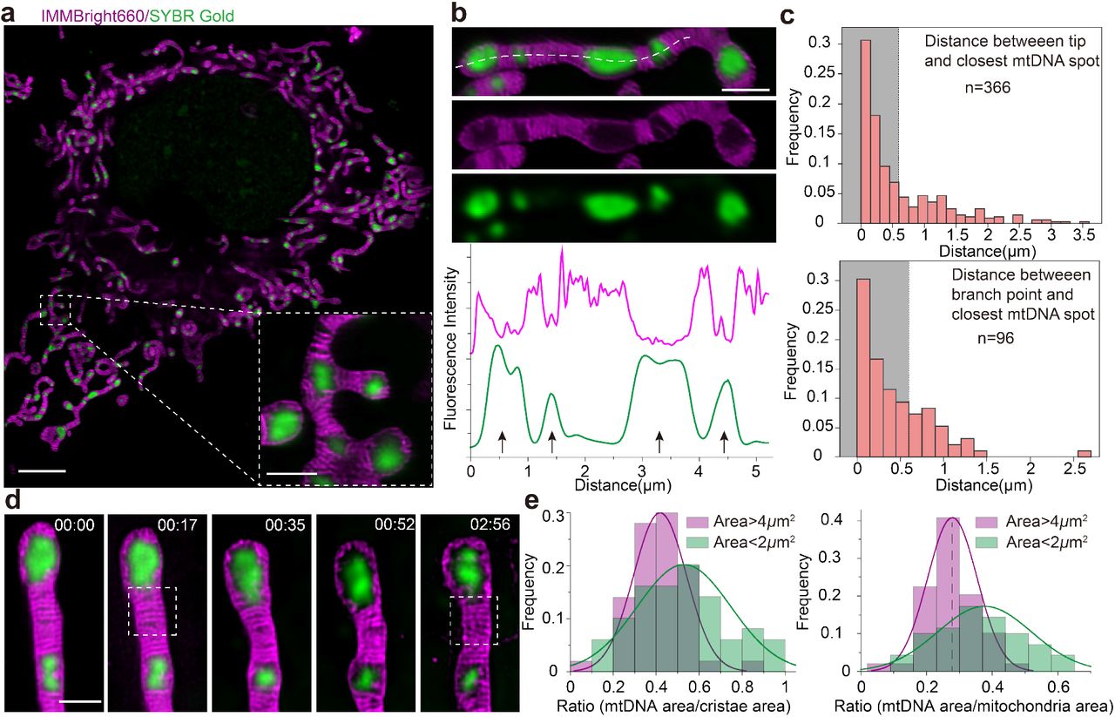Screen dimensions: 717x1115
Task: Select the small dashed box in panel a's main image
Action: (x=54, y=310)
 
